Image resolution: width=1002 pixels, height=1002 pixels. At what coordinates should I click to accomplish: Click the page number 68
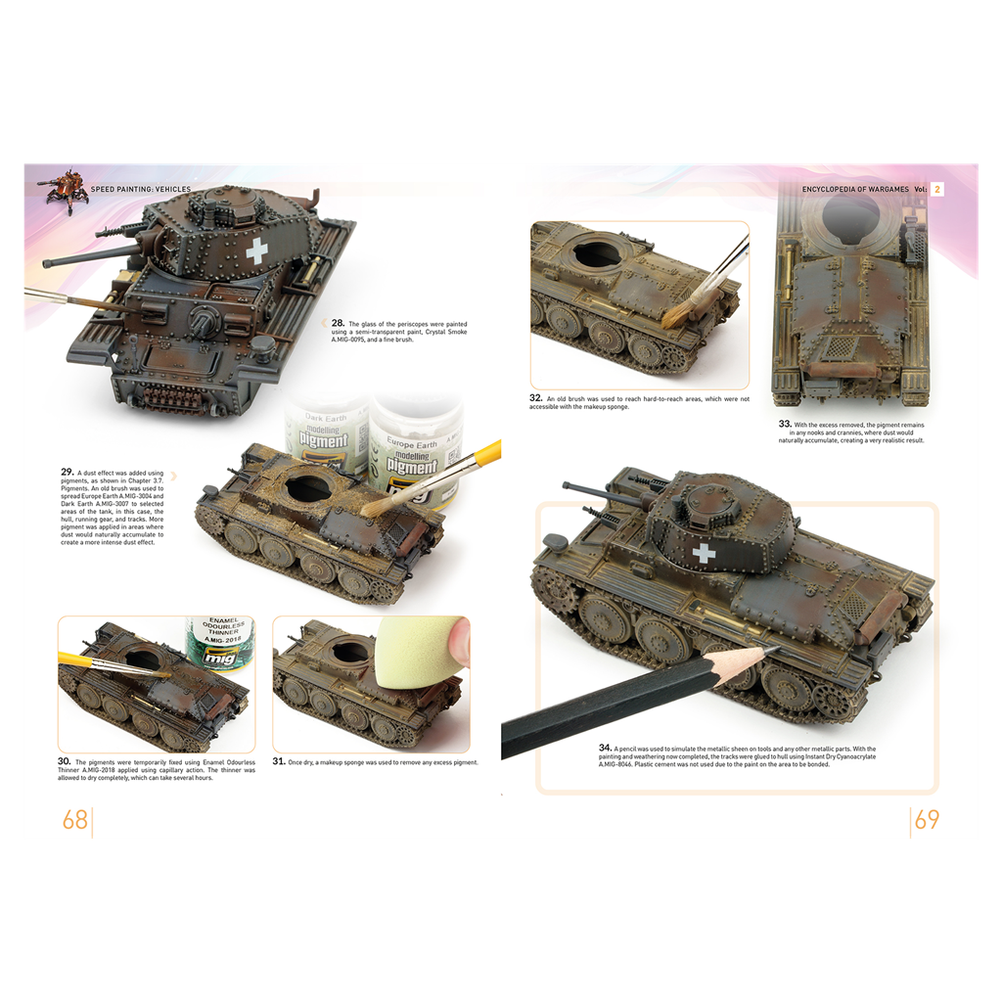pos(75,820)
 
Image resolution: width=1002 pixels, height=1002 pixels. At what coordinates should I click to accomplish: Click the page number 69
pos(927,820)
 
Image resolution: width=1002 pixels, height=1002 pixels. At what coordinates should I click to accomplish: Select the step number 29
pos(68,472)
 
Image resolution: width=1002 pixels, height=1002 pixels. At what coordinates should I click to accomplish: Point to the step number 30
pos(65,760)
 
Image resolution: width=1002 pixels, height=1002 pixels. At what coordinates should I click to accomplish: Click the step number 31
pos(279,760)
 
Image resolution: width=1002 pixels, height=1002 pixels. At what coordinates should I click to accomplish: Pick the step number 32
pos(536,398)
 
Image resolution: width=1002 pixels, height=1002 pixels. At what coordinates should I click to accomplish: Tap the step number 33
pos(785,424)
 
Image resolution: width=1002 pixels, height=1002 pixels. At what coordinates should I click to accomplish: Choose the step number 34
pos(606,747)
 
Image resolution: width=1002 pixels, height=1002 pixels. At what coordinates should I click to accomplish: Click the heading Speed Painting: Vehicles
pos(140,189)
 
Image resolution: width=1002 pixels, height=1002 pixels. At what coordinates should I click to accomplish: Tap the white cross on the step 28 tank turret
pos(256,251)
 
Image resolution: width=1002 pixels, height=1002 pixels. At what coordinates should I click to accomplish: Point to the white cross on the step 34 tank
pos(704,554)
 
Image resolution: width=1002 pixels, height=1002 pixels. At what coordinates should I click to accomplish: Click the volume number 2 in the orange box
pos(936,189)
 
